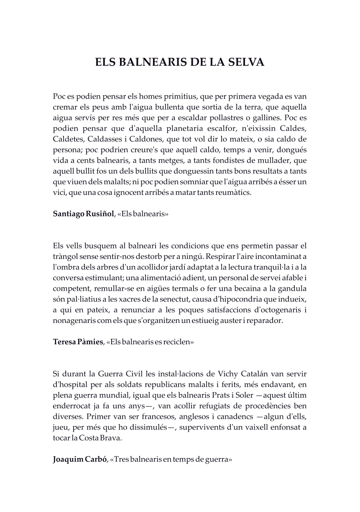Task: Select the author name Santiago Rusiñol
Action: (83, 213)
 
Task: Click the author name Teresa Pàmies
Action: (78, 341)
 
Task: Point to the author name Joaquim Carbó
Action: (80, 460)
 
